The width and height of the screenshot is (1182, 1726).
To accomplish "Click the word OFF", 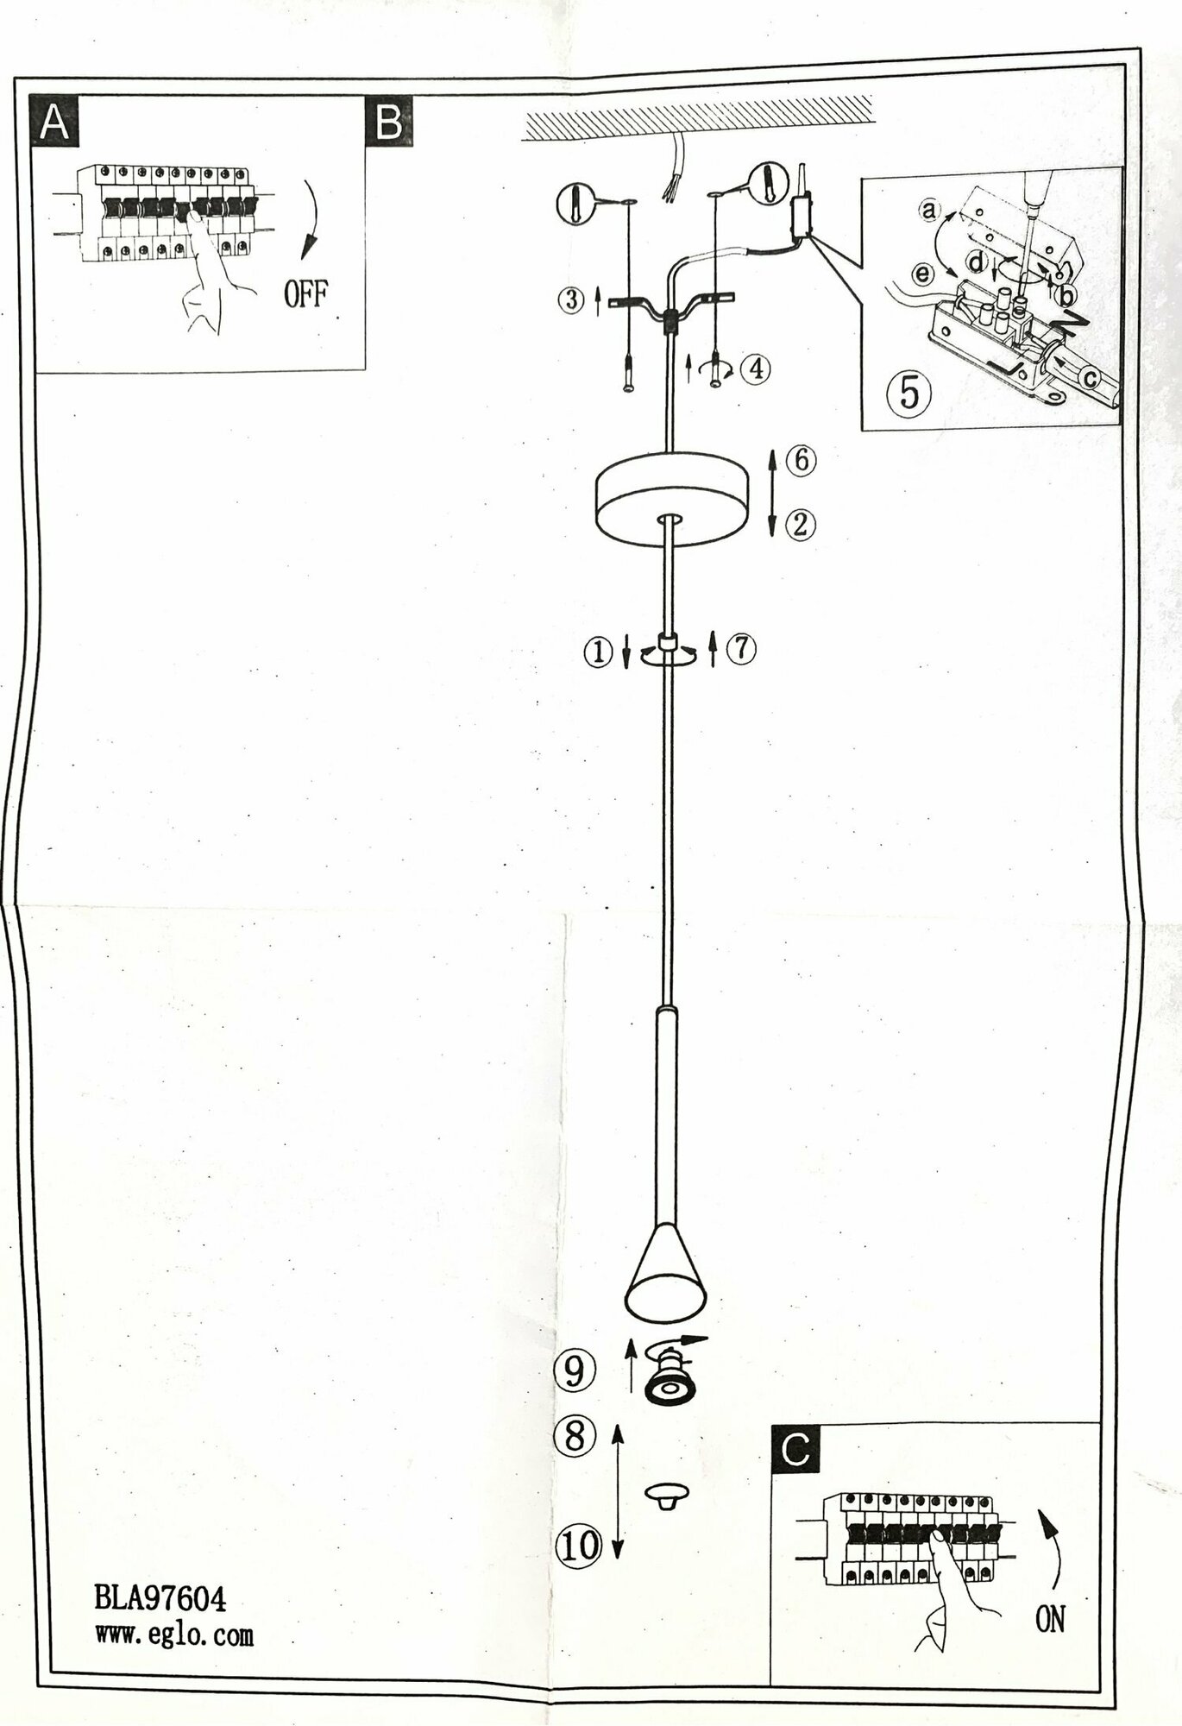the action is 306,295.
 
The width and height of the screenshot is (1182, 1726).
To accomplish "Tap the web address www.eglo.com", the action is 173,1635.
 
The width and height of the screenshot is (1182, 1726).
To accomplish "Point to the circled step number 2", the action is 800,524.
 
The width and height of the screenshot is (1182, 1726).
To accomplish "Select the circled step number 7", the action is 741,649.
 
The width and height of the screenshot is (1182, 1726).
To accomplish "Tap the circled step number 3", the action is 570,302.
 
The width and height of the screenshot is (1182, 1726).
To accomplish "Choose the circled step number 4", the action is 755,369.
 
